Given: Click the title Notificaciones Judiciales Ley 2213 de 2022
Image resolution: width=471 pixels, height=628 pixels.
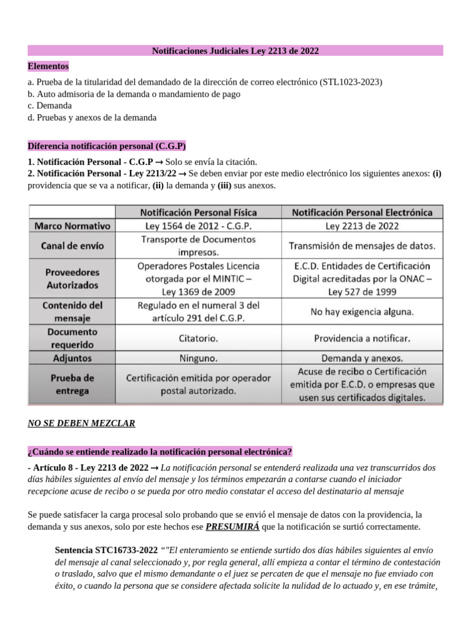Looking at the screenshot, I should click(x=235, y=50).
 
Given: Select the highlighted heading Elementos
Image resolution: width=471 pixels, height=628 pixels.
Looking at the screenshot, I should click(x=48, y=66).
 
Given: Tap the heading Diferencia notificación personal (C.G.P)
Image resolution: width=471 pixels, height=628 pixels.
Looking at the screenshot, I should click(x=107, y=146).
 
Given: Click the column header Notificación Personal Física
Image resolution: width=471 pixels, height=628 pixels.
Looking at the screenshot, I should click(x=198, y=212).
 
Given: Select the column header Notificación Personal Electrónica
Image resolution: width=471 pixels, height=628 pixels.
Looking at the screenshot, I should click(x=362, y=212).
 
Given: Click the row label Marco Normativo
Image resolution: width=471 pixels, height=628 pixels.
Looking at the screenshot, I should click(x=72, y=226).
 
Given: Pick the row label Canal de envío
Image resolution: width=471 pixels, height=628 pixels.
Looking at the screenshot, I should click(x=73, y=246).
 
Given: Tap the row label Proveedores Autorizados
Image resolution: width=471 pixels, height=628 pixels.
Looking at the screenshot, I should click(x=72, y=278).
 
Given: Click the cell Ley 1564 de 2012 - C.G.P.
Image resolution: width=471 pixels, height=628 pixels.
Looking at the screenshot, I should click(x=198, y=226).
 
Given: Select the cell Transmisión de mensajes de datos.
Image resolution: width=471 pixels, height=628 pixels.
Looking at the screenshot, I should click(x=362, y=247).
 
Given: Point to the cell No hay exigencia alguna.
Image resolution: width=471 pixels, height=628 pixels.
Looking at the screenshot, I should click(x=362, y=312).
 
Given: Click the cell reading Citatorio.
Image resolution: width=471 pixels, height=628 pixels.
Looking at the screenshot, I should click(x=198, y=338).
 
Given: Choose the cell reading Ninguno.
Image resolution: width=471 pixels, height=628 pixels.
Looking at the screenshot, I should click(x=198, y=358).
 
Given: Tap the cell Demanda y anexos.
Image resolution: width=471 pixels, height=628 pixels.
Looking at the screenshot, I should click(x=362, y=358).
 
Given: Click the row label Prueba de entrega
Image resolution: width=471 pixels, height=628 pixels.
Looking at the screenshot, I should click(x=72, y=384).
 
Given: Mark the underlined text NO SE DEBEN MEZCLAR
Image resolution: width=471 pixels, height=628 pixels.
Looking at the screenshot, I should click(x=82, y=423).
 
